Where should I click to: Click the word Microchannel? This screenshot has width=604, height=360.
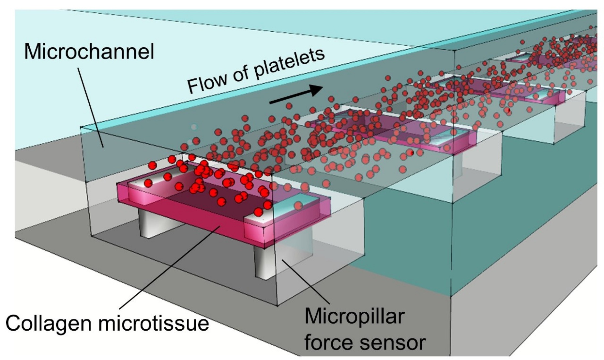tap(89, 52)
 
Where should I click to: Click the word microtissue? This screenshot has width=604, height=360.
tap(153, 323)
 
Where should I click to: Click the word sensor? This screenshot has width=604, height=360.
tap(391, 343)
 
